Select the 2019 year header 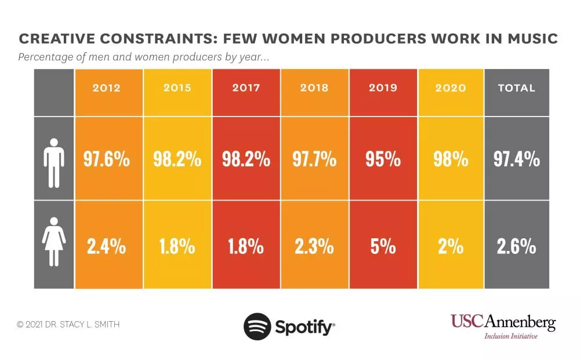click(383, 88)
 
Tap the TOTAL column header click(516, 88)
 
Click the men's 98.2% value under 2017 click(246, 159)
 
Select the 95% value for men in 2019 click(383, 159)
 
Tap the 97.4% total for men click(516, 159)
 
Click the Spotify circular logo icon click(257, 326)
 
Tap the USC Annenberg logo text click(503, 322)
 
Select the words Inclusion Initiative click(511, 336)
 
